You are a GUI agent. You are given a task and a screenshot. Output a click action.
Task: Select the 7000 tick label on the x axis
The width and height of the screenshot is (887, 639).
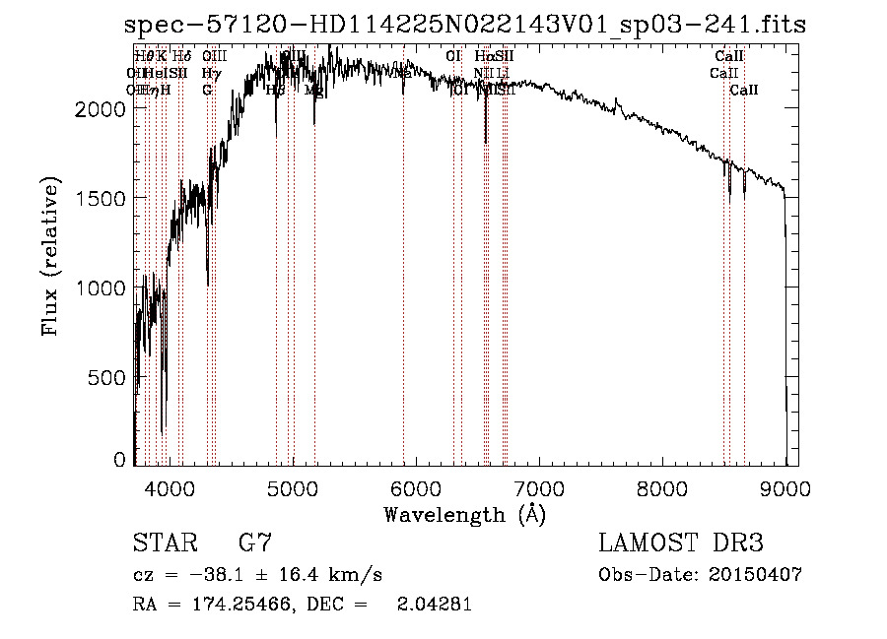coord(538,487)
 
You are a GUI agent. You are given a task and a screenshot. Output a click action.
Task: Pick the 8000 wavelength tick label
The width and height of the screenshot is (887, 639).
coord(661,487)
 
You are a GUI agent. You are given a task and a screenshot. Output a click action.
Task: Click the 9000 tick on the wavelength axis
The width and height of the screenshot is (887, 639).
coord(785,487)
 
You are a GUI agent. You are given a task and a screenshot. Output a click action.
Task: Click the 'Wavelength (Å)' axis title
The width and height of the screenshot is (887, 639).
coord(464,514)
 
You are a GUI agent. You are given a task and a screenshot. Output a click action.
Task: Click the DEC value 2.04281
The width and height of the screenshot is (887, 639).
coord(434,605)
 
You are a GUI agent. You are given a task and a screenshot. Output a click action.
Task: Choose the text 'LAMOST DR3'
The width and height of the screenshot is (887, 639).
coord(681,543)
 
